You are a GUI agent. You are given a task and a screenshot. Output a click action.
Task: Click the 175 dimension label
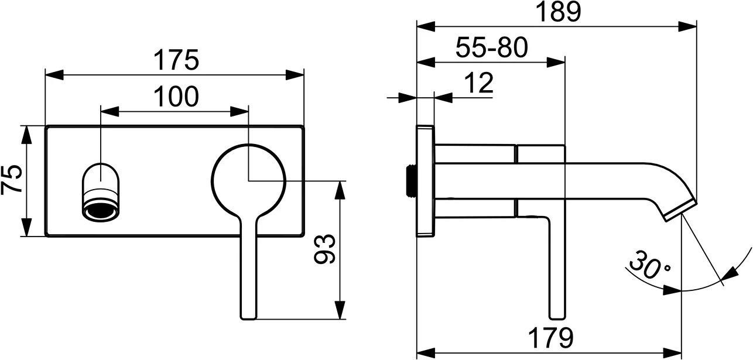click(x=176, y=60)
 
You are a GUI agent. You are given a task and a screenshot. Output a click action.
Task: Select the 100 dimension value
click(x=176, y=97)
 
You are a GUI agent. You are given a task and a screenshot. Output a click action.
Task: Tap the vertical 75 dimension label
click(x=12, y=180)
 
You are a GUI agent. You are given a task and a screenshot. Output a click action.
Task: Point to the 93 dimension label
click(x=326, y=249)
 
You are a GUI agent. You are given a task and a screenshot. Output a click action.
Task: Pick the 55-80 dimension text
click(x=491, y=48)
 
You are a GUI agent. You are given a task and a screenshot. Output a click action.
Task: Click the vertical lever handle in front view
click(x=248, y=269)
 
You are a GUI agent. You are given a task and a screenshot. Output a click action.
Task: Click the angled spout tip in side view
click(x=680, y=208)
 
